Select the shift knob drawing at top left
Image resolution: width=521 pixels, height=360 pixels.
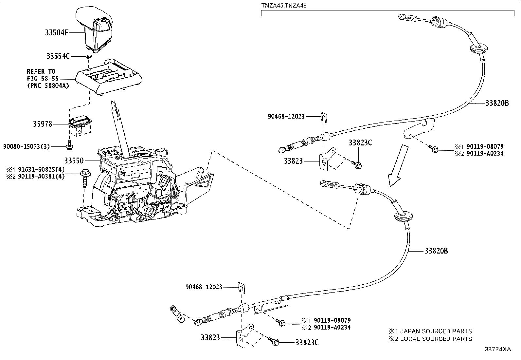(x=95, y=29)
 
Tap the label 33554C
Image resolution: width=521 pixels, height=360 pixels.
(x=58, y=56)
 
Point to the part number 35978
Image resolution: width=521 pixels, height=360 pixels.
(x=42, y=124)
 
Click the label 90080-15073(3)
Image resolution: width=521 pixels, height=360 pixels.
(x=27, y=146)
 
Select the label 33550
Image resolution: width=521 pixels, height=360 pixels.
(x=74, y=161)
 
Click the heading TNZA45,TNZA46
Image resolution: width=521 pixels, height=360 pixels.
(x=284, y=6)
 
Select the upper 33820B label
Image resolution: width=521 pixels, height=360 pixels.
(x=497, y=103)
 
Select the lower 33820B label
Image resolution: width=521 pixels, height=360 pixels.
(x=436, y=251)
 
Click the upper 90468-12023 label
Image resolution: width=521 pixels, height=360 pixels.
(x=286, y=116)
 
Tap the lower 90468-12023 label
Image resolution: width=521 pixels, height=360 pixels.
(x=204, y=287)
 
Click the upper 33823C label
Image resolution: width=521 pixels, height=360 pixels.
(x=360, y=143)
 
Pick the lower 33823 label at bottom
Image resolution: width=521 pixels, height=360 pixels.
(x=210, y=337)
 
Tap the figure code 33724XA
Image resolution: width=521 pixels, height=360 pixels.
(x=497, y=349)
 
